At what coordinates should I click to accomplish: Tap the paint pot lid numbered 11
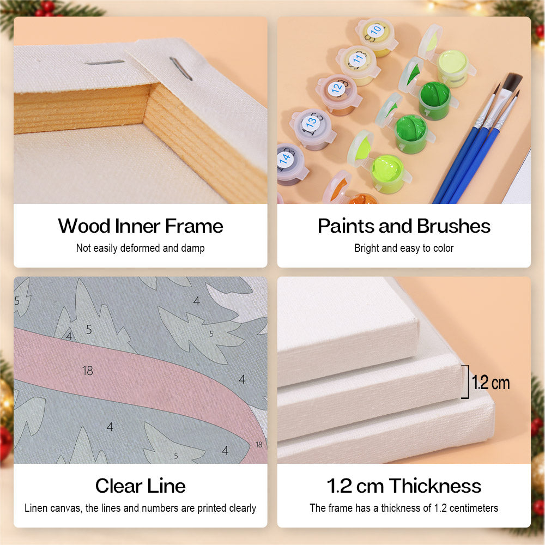(x=358, y=60)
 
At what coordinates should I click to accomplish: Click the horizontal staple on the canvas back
(x=105, y=63)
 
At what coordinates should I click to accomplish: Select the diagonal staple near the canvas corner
(x=181, y=69)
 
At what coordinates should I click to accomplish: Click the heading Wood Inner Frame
(x=141, y=226)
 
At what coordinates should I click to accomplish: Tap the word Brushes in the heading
(x=453, y=226)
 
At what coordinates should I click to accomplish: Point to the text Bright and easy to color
(x=404, y=248)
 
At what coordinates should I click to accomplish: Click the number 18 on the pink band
(x=88, y=371)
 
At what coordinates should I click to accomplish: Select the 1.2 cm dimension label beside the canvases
(x=491, y=383)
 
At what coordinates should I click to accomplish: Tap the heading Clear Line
(x=141, y=486)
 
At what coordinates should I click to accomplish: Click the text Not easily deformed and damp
(x=141, y=248)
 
